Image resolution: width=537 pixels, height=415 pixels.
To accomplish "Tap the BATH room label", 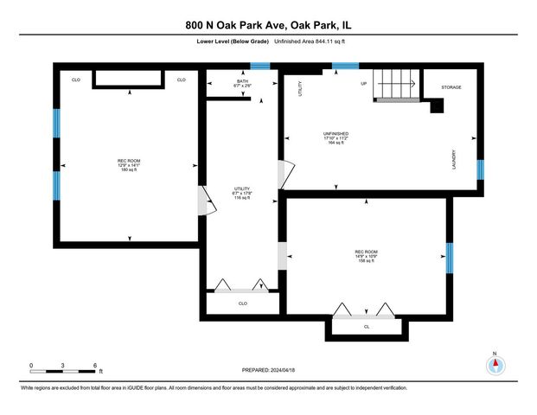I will click(x=243, y=82).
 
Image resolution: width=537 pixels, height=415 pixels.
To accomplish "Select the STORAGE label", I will click(x=451, y=87).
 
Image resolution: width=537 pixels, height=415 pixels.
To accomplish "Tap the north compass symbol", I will click(x=494, y=364).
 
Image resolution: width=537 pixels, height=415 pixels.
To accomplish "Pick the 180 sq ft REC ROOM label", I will click(x=129, y=165).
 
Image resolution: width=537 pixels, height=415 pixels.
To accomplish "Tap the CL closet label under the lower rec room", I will click(x=367, y=327).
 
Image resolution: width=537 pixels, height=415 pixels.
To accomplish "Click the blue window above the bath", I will click(x=254, y=66).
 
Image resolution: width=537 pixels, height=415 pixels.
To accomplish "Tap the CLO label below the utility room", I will click(x=242, y=303).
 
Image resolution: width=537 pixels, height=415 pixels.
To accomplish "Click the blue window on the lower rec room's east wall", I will click(x=449, y=259).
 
